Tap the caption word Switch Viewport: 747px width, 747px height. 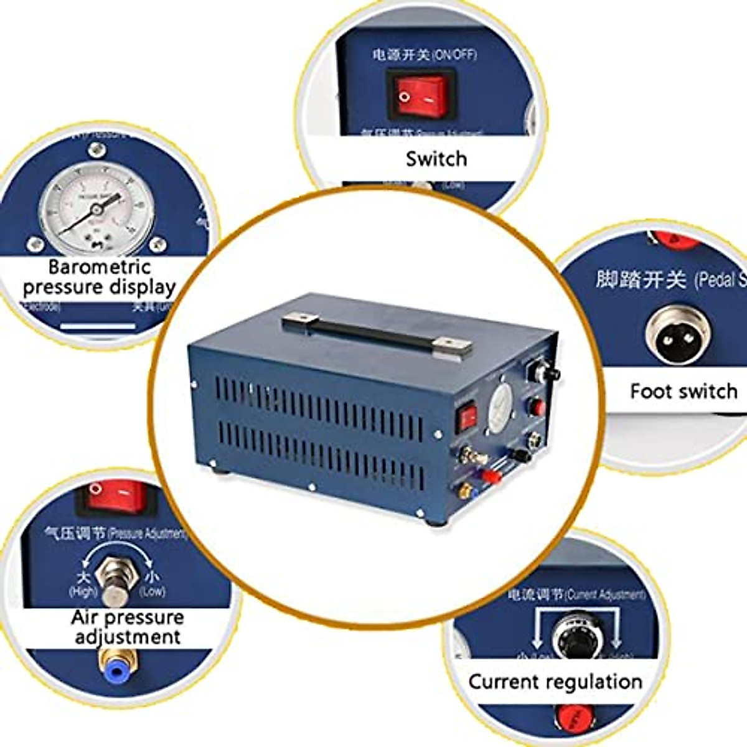[436, 159]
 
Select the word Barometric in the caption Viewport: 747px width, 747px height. [100, 267]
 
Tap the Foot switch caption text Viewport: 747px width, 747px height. [683, 392]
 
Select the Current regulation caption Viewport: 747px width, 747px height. [555, 682]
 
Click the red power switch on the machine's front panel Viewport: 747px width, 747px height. [467, 418]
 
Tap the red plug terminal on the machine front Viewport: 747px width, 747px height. [491, 477]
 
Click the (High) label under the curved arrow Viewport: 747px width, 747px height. [83, 591]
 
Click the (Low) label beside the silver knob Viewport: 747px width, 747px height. [152, 591]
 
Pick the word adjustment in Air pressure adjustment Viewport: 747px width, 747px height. [128, 637]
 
